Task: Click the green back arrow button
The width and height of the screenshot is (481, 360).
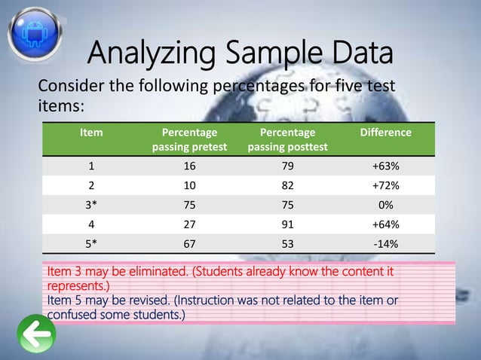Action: (35, 332)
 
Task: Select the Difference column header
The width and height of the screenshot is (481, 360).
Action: (385, 133)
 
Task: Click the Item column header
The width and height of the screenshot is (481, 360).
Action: (92, 133)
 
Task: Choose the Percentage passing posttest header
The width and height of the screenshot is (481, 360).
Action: (287, 139)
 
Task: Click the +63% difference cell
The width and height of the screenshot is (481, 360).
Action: (385, 166)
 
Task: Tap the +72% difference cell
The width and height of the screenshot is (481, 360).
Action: (385, 185)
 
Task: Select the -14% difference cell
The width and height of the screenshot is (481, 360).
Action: (385, 243)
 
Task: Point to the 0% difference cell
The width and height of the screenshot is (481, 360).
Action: (385, 205)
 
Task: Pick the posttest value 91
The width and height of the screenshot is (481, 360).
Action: (287, 224)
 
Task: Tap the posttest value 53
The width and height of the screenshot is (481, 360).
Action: (287, 243)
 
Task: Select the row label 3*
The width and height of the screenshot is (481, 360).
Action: (92, 205)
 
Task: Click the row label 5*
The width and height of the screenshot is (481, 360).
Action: (92, 243)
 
